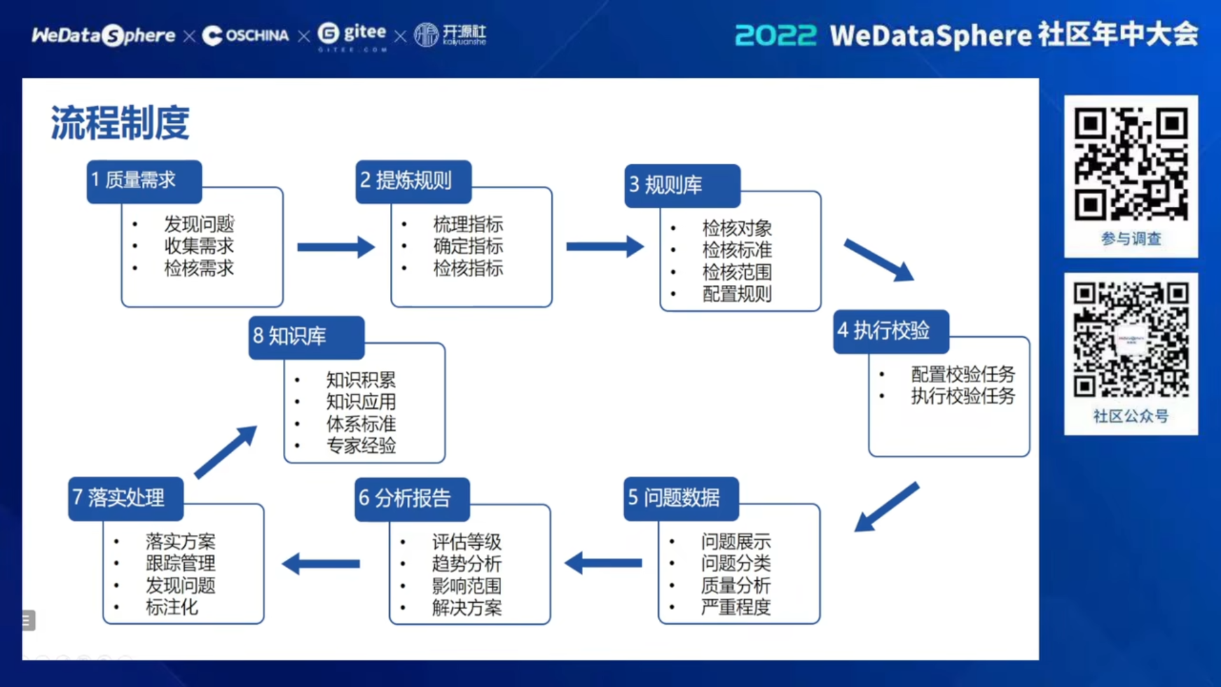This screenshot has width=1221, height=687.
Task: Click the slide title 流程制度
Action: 120,123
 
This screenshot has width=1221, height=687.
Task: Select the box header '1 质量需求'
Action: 144,182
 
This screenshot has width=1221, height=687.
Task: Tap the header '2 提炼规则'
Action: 413,182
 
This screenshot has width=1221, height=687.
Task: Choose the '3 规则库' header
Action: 682,186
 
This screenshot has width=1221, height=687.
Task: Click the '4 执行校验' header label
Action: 891,331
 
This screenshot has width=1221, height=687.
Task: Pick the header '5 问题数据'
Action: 681,499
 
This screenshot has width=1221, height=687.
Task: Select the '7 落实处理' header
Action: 126,499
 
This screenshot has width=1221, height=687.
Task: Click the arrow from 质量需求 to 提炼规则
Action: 336,247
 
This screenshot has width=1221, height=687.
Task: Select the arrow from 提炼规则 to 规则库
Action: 605,246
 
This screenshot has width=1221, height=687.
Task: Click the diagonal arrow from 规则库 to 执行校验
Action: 879,260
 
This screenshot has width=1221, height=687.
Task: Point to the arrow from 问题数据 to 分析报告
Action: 603,563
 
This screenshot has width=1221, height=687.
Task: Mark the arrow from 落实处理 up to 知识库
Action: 226,452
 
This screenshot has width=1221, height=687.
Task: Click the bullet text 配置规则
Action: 737,295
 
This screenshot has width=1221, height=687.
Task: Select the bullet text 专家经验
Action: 361,446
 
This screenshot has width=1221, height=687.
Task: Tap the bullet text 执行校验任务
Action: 963,396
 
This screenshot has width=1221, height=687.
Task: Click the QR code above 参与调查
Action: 1131,164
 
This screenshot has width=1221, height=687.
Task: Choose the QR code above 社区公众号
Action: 1131,340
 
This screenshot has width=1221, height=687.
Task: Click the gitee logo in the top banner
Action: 352,35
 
